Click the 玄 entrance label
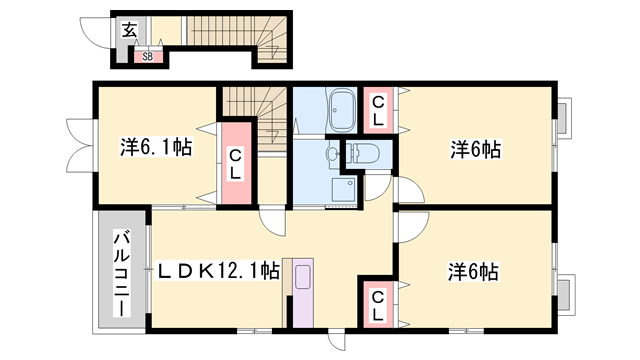point(129,31)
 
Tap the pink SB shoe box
point(148,57)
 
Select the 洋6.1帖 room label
point(156,147)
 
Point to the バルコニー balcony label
point(122,274)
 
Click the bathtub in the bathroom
point(341,110)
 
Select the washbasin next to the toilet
point(332,154)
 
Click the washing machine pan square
point(343,190)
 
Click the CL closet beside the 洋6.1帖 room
point(236,163)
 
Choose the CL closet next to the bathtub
point(378,110)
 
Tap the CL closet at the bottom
point(378,304)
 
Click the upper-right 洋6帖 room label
point(476,149)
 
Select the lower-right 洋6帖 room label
point(473,272)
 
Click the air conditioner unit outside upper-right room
point(564,116)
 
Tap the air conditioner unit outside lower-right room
point(566,294)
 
